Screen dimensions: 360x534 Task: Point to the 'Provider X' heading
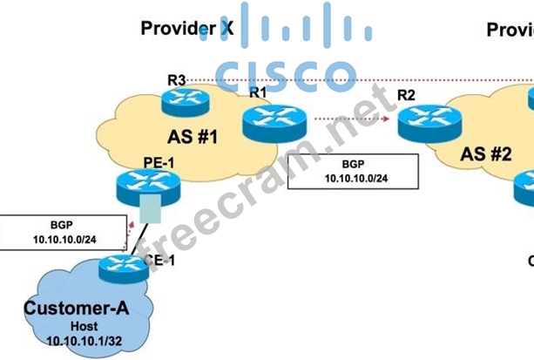point(187,29)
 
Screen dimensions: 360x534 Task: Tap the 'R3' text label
point(177,80)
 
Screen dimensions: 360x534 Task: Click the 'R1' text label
point(258,92)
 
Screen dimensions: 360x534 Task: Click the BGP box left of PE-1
point(52,230)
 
